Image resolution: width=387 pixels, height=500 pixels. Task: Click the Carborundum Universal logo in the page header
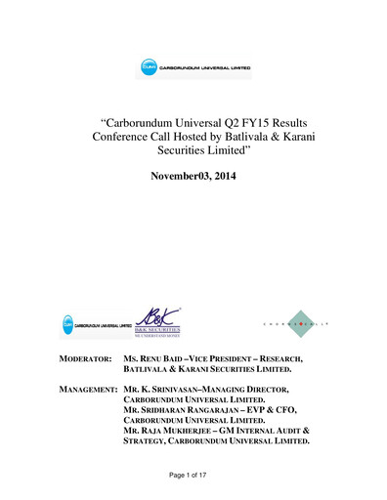point(193,69)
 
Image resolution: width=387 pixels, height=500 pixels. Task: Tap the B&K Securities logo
point(162,323)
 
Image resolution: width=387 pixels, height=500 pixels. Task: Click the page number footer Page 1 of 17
point(193,474)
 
